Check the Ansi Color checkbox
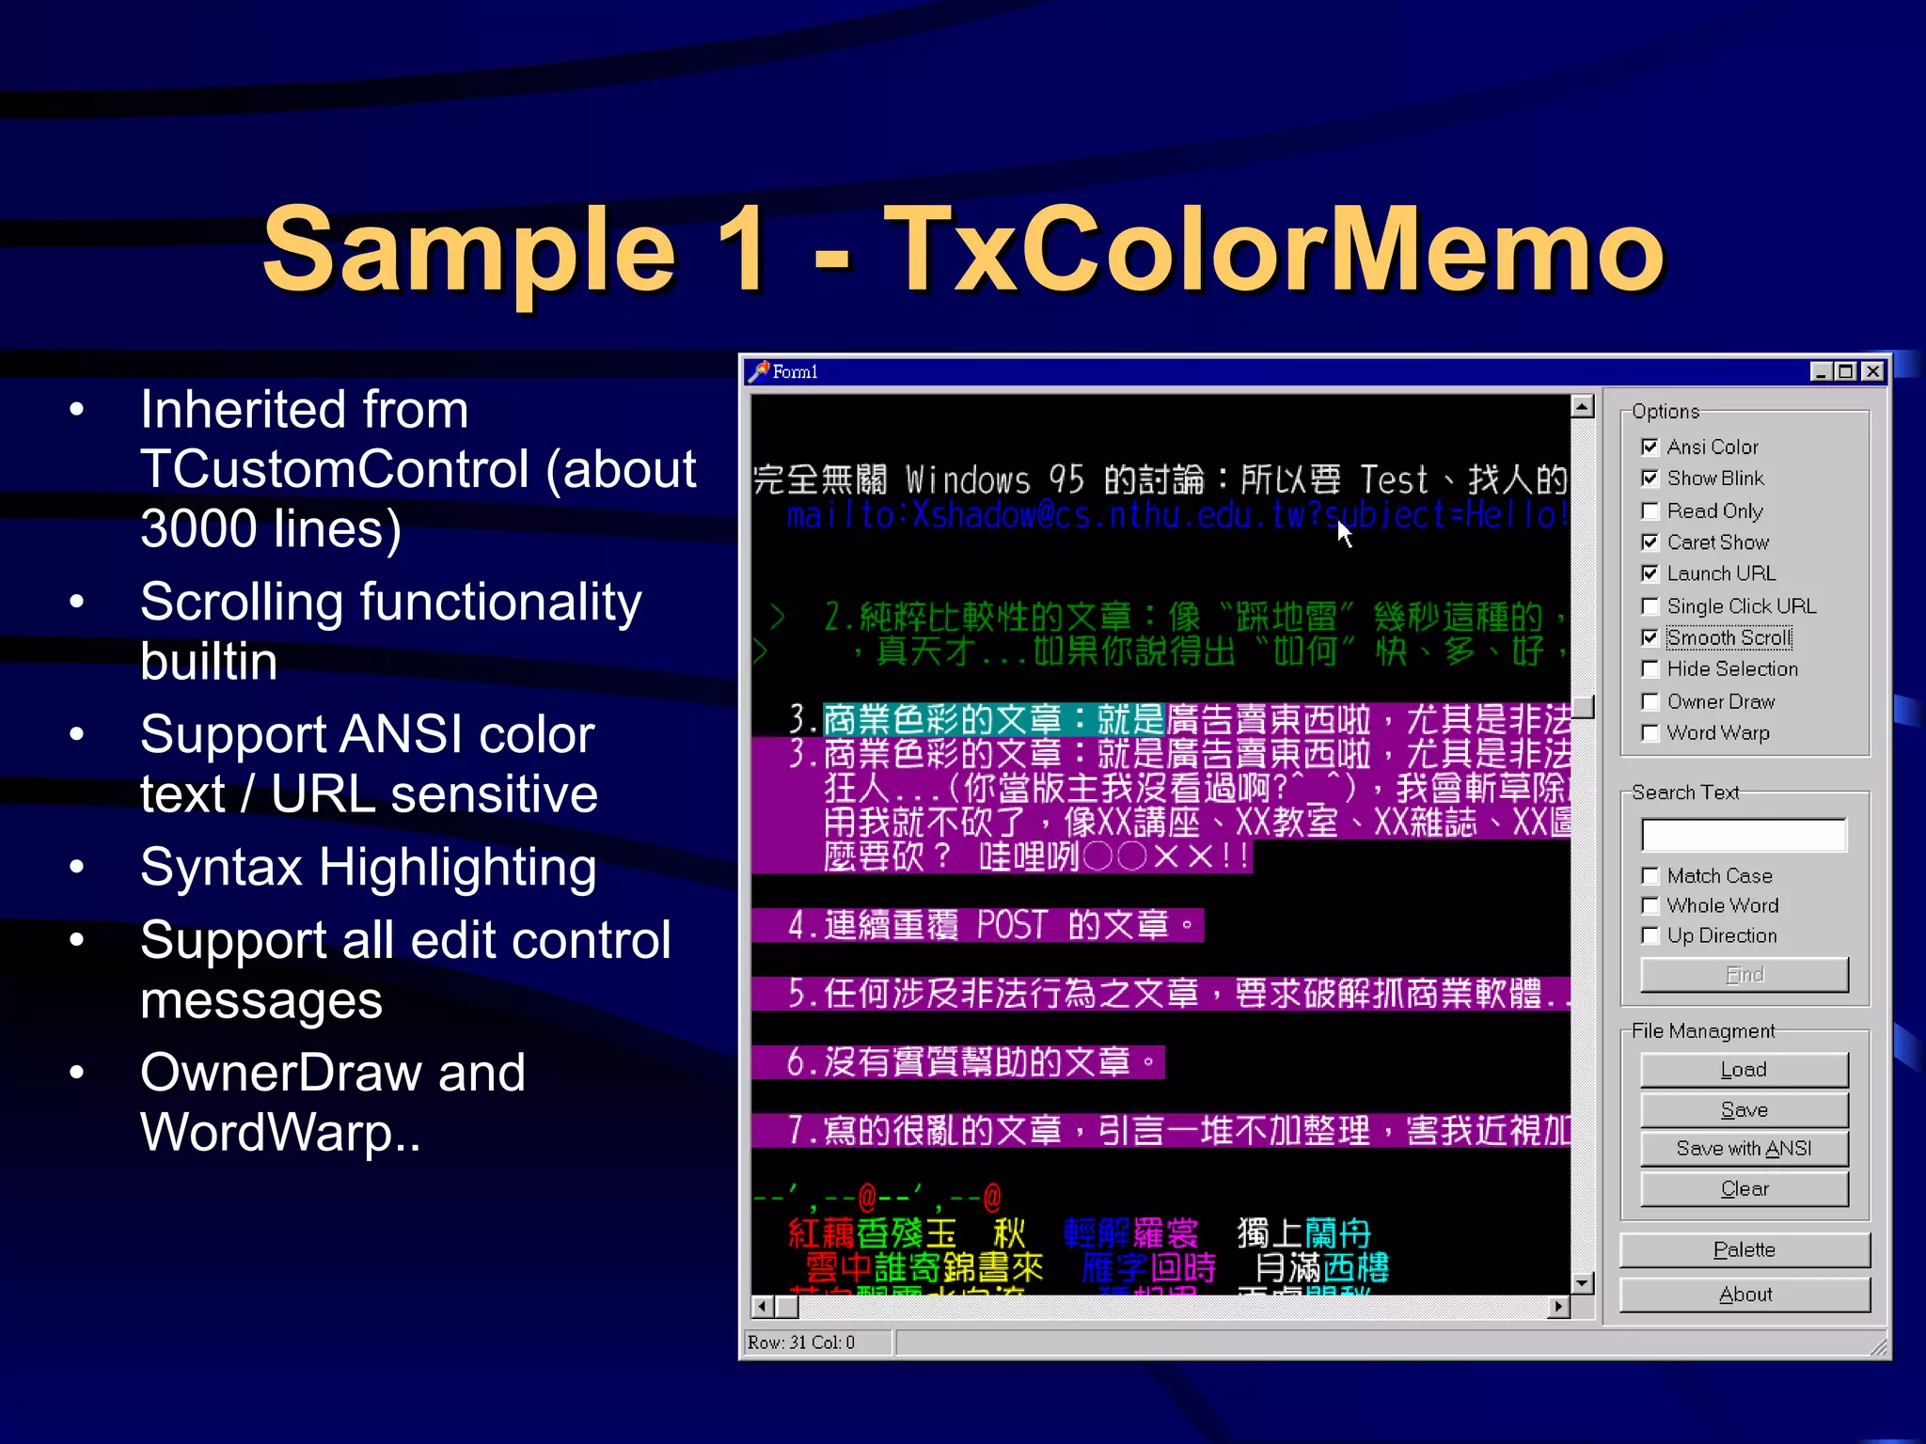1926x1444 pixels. [1650, 447]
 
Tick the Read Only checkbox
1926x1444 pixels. [1650, 510]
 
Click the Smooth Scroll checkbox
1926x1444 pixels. [1650, 637]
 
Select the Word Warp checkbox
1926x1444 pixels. [1650, 732]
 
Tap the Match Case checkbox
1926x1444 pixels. [1650, 875]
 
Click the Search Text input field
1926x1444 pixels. [1744, 835]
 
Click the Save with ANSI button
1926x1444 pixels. [1744, 1149]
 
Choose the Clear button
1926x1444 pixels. [1744, 1189]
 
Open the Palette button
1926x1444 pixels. [1744, 1249]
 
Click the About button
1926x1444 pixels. [1744, 1295]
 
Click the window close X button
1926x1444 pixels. [1873, 371]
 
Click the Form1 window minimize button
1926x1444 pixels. [1821, 371]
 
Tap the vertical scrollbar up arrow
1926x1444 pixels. [1583, 406]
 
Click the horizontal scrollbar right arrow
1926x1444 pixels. [1559, 1306]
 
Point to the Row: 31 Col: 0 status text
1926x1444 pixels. [801, 1342]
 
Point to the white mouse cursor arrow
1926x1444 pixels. [1344, 533]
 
